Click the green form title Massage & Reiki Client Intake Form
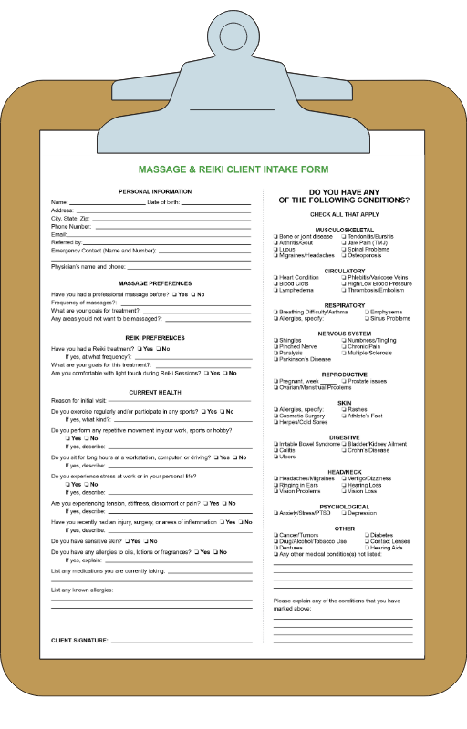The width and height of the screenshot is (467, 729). tap(233, 169)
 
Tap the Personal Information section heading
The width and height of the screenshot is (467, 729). tap(155, 191)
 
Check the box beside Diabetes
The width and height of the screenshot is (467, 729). tap(367, 535)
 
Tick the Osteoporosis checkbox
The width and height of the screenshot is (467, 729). tap(344, 255)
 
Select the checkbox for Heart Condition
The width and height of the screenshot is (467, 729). tap(275, 277)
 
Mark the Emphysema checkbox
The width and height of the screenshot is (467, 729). tap(365, 312)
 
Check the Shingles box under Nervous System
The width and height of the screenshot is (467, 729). tap(275, 340)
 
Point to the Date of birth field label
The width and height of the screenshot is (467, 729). tap(166, 201)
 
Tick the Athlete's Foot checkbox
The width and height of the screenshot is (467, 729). tap(344, 416)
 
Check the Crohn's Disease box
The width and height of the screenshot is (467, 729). tap(344, 450)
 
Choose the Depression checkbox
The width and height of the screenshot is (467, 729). tap(344, 513)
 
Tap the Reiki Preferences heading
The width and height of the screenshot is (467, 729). tap(155, 338)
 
